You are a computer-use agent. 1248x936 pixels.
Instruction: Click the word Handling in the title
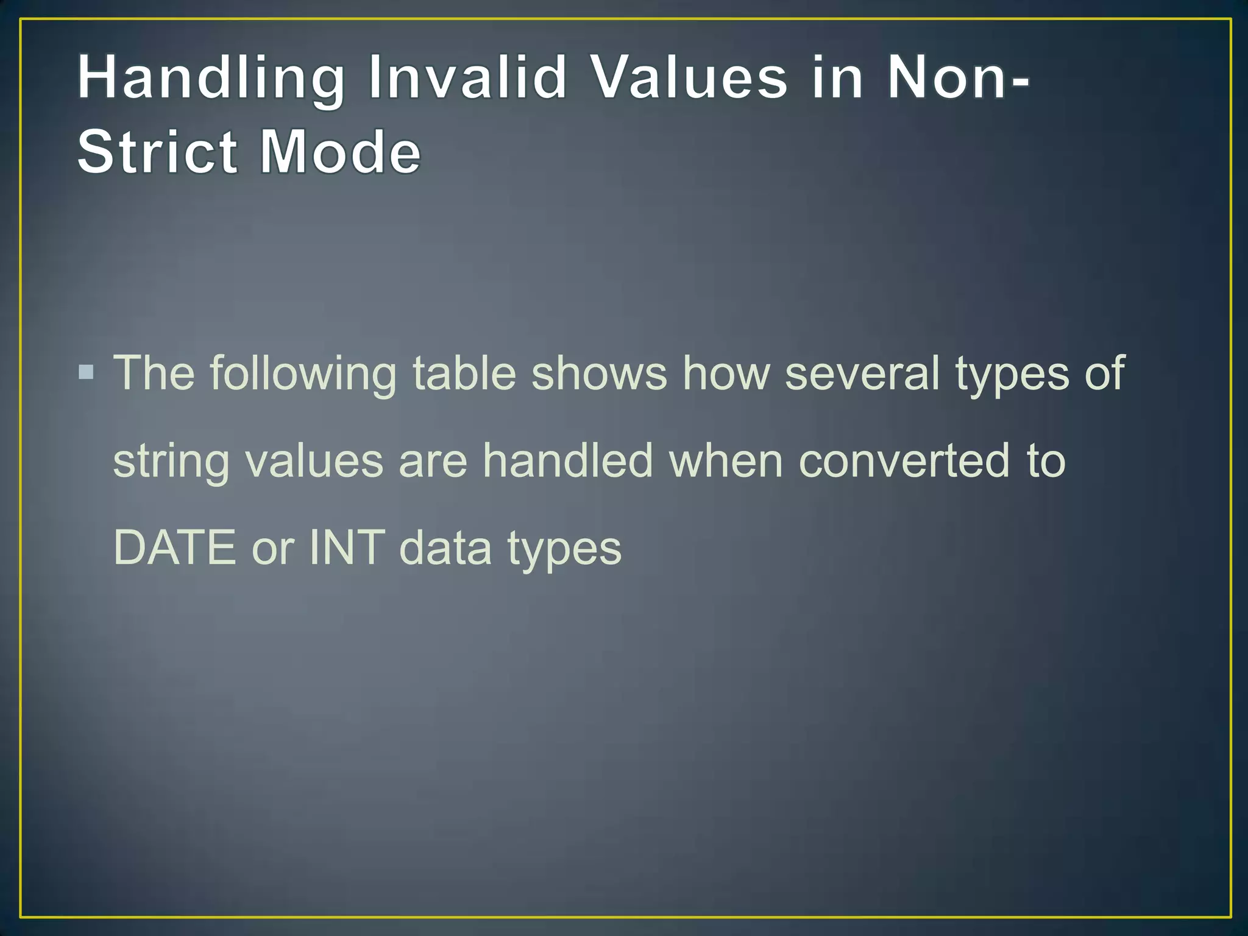(211, 78)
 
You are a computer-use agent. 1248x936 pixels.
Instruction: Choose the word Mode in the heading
(340, 152)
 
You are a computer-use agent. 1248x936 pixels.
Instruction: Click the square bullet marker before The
(87, 372)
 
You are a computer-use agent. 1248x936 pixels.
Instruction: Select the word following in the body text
(303, 374)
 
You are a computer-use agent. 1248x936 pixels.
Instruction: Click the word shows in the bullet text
(599, 372)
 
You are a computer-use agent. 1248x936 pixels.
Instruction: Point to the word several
(862, 372)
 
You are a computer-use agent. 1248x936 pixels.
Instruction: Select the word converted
(904, 460)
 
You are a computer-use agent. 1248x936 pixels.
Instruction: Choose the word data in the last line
(445, 547)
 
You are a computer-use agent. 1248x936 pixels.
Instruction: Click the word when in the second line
(726, 460)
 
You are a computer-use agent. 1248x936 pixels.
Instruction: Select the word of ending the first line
(1104, 372)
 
